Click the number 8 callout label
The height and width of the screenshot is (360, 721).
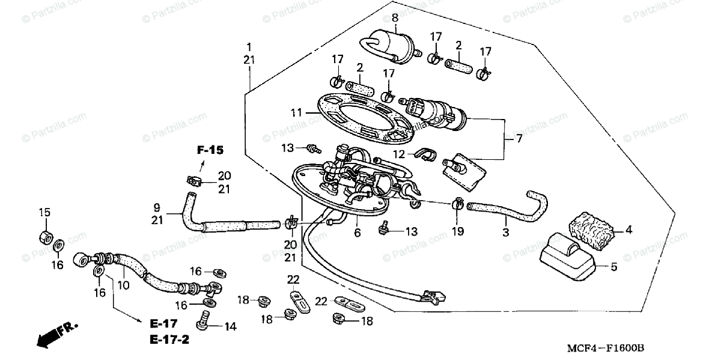point(395,17)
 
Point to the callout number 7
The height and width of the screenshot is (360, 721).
point(518,138)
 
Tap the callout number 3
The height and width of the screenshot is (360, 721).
point(505,231)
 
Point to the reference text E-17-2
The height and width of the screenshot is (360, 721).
point(169,340)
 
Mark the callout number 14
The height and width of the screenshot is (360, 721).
point(231,327)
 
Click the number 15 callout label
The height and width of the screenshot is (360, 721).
point(45,212)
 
